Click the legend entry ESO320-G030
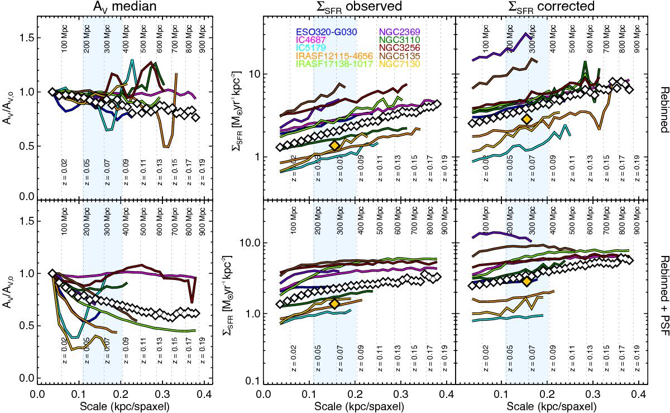point(327,32)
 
